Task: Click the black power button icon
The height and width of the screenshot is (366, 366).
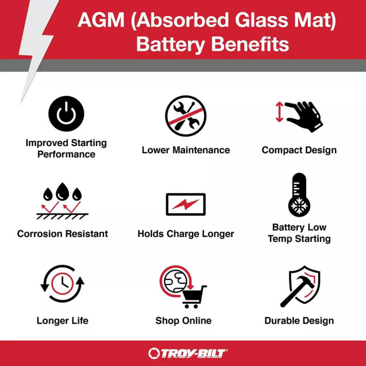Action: point(66,114)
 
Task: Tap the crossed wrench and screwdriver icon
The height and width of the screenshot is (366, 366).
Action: point(186,116)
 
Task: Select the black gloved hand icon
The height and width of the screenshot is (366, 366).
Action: point(304,116)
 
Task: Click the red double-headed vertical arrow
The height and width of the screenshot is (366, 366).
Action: point(279,112)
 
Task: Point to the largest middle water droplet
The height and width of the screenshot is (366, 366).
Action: point(62,192)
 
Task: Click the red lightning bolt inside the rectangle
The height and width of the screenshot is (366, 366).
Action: point(186,204)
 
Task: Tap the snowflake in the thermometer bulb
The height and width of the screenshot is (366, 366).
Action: point(299,206)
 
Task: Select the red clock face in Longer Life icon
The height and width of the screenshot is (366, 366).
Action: point(62,284)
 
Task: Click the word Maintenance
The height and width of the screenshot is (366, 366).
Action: point(201,150)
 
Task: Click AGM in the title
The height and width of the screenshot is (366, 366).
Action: point(101,20)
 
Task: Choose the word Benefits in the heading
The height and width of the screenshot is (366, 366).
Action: point(250,44)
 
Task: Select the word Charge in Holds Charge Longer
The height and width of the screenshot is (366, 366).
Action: point(183,234)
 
